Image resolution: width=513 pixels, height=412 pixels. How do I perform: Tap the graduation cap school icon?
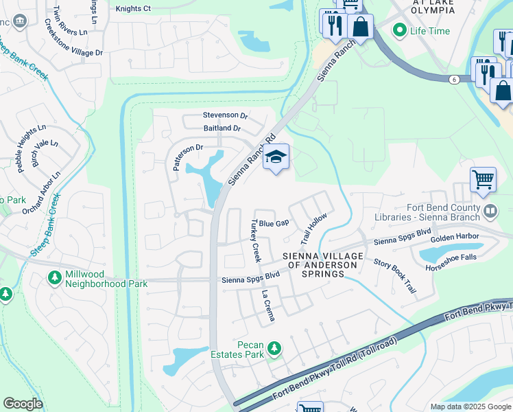276,158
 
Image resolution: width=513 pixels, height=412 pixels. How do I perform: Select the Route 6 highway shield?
453,80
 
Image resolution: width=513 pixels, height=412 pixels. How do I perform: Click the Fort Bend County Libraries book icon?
490,211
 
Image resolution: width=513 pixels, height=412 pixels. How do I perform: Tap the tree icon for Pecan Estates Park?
274,349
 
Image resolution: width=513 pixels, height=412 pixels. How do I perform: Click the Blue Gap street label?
274,224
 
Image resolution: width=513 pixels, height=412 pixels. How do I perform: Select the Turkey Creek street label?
256,241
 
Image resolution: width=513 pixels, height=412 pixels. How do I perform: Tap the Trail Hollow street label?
313,229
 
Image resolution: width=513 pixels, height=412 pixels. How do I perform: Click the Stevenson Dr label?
225,115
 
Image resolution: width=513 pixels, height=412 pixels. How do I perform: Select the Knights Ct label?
133,9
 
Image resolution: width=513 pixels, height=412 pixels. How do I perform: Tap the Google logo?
23,404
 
